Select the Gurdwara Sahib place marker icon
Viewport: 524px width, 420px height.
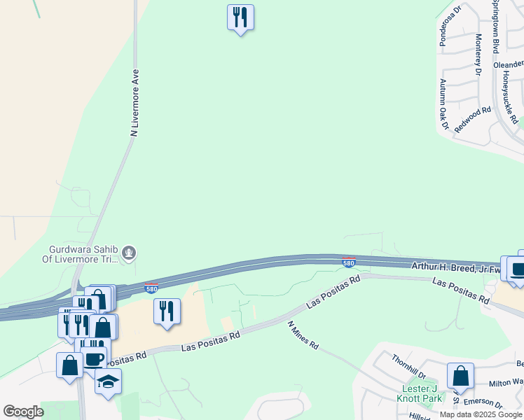click(x=128, y=253)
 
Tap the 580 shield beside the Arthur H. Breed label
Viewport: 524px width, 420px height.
click(x=349, y=262)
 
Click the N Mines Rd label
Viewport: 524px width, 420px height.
click(x=304, y=335)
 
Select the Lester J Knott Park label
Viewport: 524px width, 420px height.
click(x=422, y=393)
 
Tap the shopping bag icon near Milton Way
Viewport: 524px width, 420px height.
click(x=460, y=376)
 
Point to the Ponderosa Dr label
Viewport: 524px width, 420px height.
click(x=449, y=27)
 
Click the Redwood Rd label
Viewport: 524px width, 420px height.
click(x=472, y=120)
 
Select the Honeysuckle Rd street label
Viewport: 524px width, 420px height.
click(x=509, y=98)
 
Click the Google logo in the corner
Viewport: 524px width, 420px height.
click(x=23, y=412)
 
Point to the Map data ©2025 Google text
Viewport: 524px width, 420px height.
click(x=481, y=414)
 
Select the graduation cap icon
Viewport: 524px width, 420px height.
click(x=108, y=381)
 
